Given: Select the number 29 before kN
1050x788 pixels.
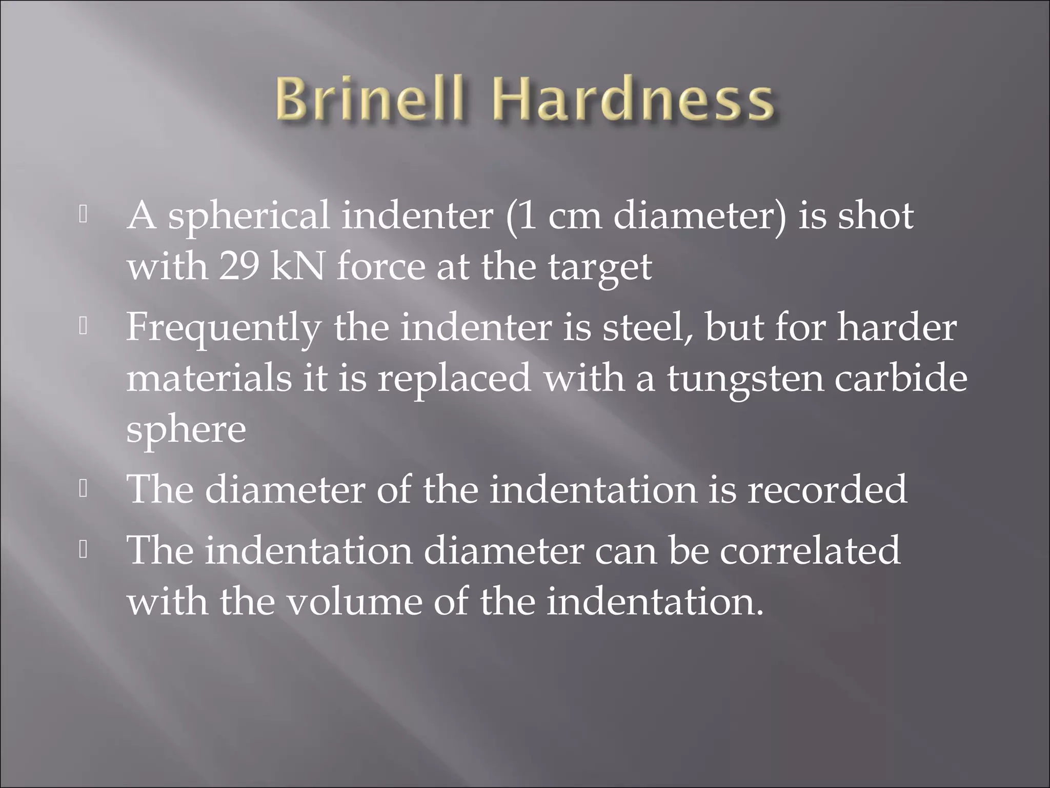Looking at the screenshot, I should click(x=238, y=267).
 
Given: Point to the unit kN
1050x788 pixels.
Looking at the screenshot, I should click(x=297, y=267).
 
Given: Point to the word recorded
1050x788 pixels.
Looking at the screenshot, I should click(x=827, y=489).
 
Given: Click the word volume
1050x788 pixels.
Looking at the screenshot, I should click(x=353, y=601).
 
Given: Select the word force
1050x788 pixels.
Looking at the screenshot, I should click(x=380, y=267).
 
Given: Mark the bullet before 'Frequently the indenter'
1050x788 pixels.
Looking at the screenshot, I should click(x=84, y=327).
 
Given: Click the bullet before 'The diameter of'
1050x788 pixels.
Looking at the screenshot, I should click(x=84, y=489).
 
